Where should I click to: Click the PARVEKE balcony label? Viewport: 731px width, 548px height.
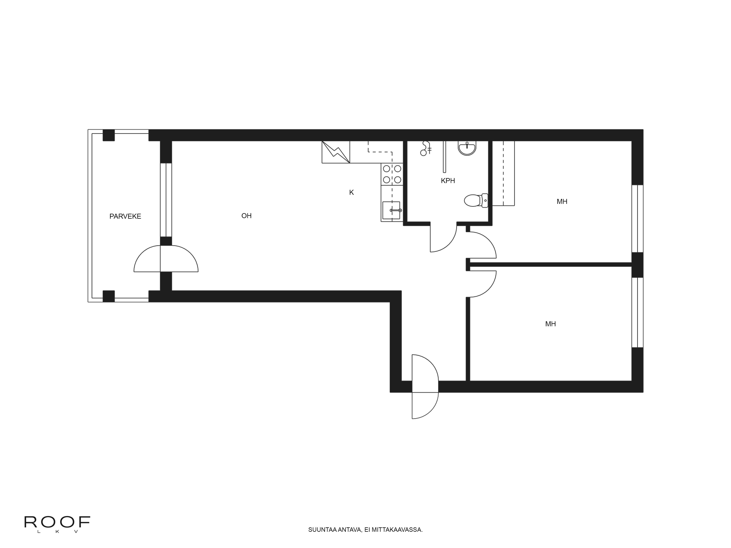125,216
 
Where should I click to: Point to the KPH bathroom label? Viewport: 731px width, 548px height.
448,181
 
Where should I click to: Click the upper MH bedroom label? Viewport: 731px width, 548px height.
562,201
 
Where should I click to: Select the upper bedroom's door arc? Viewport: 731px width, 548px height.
482,245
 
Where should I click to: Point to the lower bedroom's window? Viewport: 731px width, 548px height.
637,313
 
